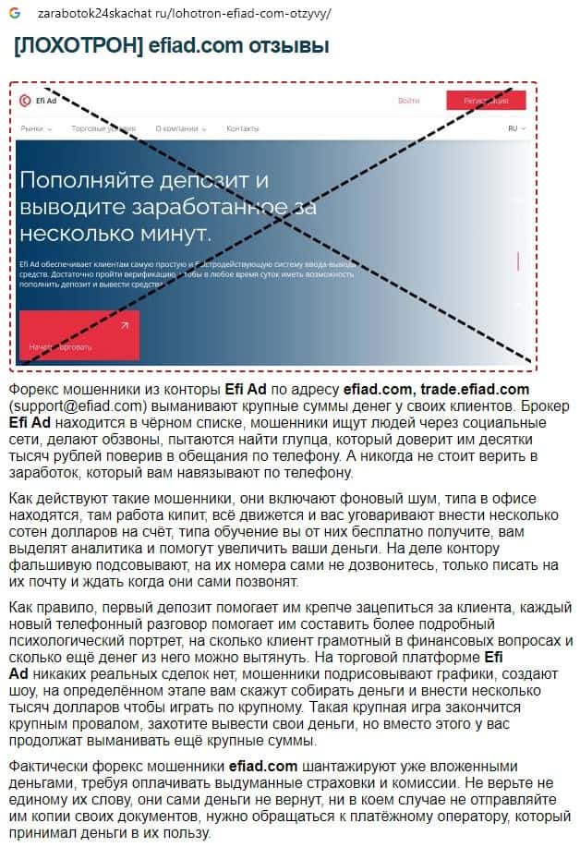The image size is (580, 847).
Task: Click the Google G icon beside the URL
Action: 16,14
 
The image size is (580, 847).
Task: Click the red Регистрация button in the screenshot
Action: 486,101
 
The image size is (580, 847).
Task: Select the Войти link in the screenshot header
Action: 408,101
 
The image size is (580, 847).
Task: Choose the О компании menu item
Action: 177,128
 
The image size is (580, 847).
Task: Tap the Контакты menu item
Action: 243,128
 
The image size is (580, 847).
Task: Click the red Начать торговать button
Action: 79,336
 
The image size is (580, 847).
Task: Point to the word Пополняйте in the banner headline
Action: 85,179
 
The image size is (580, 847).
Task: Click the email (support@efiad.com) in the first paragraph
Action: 78,406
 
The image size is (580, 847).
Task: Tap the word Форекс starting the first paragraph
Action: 32,390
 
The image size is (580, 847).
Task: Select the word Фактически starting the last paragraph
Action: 48,766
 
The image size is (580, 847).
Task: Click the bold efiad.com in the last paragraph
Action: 263,766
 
